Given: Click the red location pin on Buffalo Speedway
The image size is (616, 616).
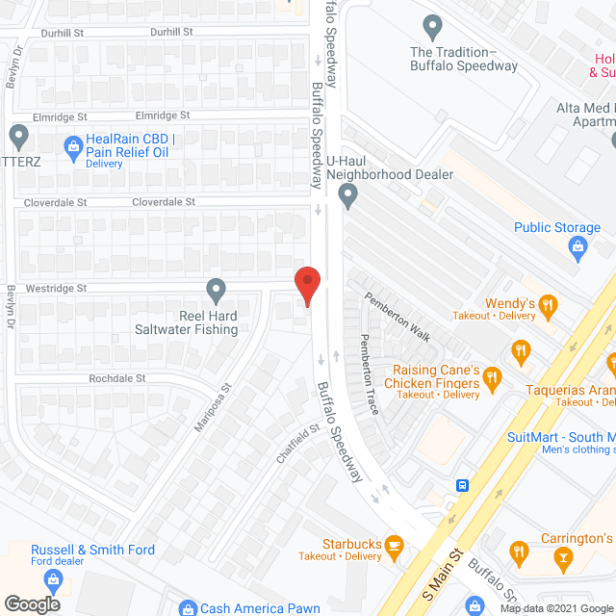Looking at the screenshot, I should pos(307,285).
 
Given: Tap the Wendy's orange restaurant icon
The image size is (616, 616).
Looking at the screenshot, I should pos(549,306).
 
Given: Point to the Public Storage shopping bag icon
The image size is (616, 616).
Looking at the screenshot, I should pos(577,249).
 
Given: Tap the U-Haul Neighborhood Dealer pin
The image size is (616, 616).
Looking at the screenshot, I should pos(348,196).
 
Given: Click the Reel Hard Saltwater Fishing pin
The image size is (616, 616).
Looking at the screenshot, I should pos(216,289).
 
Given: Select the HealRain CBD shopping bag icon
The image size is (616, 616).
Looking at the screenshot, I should pos(72,147).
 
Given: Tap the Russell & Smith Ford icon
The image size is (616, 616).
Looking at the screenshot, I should pos(52,578).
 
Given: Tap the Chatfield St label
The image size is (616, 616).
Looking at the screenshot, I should pos(298,444).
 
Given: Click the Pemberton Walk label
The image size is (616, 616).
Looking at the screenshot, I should pos(396,317).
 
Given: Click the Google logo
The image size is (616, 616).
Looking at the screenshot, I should pos(32,603).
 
